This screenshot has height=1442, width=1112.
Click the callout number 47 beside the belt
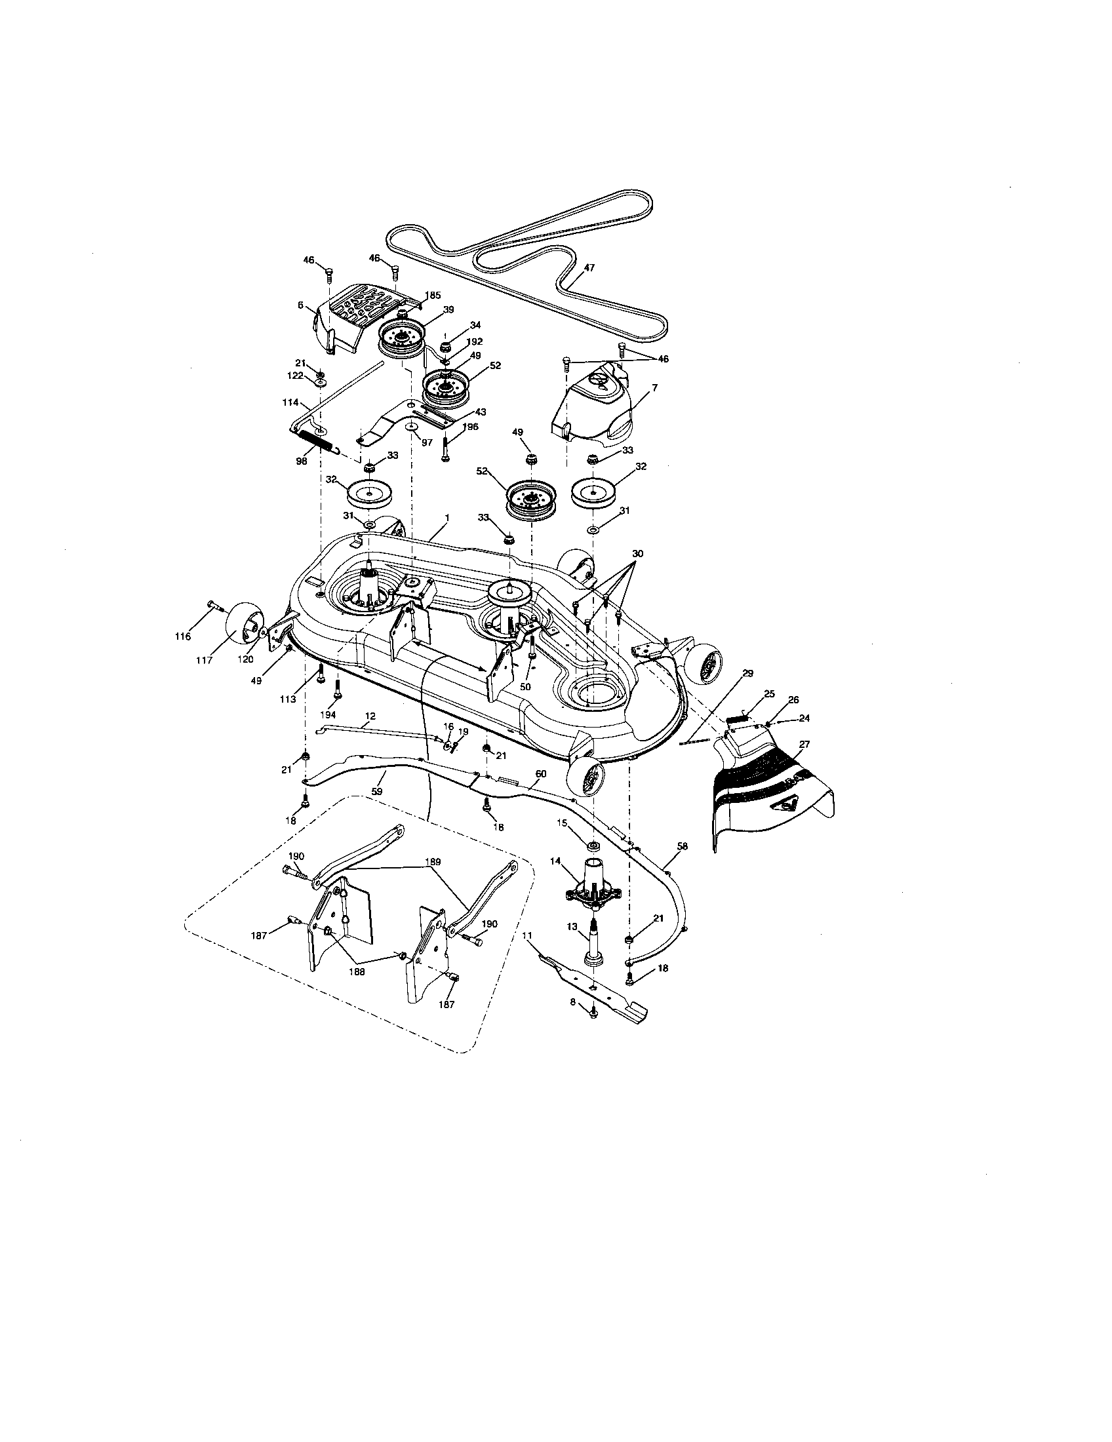(589, 268)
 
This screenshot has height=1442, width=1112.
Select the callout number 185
(433, 295)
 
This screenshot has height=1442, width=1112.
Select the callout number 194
(328, 714)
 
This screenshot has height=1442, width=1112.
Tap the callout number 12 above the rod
(370, 716)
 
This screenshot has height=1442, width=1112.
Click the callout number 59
(378, 790)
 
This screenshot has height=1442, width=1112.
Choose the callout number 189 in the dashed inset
(433, 862)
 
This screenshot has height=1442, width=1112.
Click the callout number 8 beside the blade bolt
(573, 1002)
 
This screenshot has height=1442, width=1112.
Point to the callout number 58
(682, 845)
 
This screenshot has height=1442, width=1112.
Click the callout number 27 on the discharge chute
(804, 744)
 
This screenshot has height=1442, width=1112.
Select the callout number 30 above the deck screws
(637, 553)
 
